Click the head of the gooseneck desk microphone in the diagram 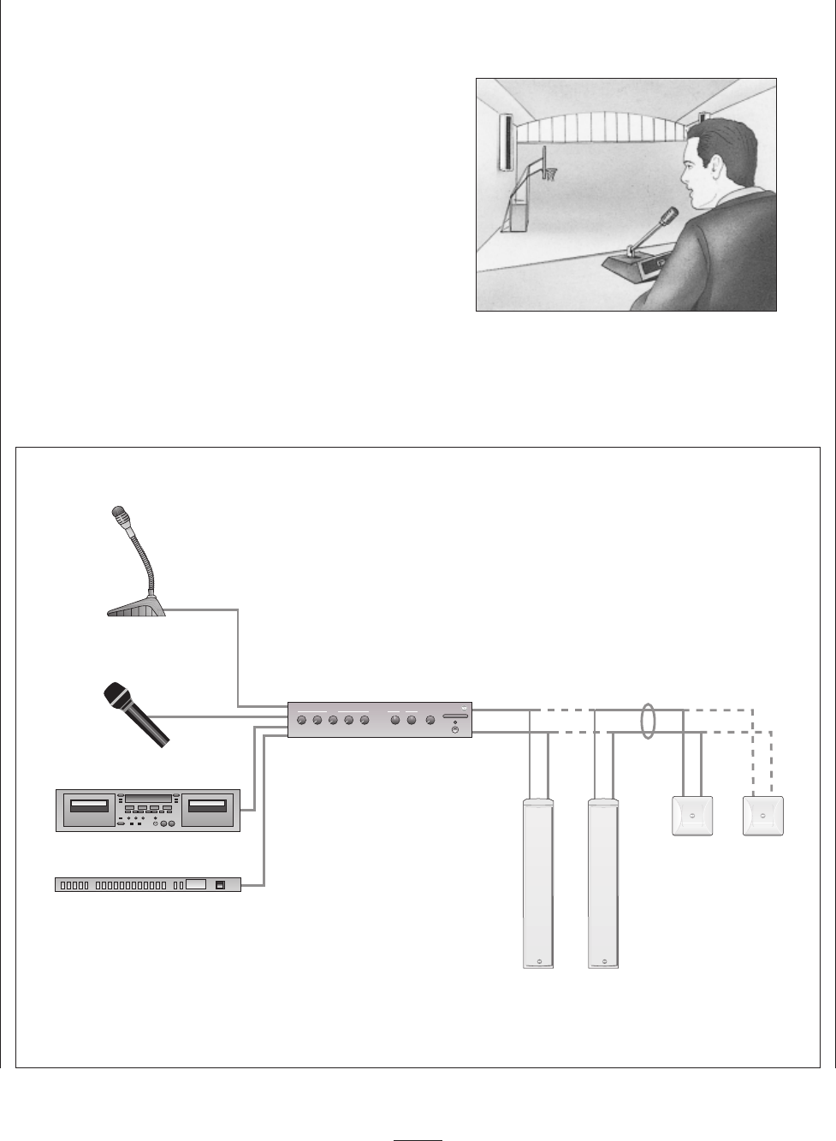click(x=120, y=517)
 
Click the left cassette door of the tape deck click(x=89, y=806)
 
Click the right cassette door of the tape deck click(x=208, y=806)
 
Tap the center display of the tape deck click(x=148, y=799)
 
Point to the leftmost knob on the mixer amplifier click(x=300, y=722)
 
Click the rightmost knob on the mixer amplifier click(x=429, y=722)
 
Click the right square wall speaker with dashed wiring click(x=764, y=816)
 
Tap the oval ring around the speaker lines click(x=649, y=720)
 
